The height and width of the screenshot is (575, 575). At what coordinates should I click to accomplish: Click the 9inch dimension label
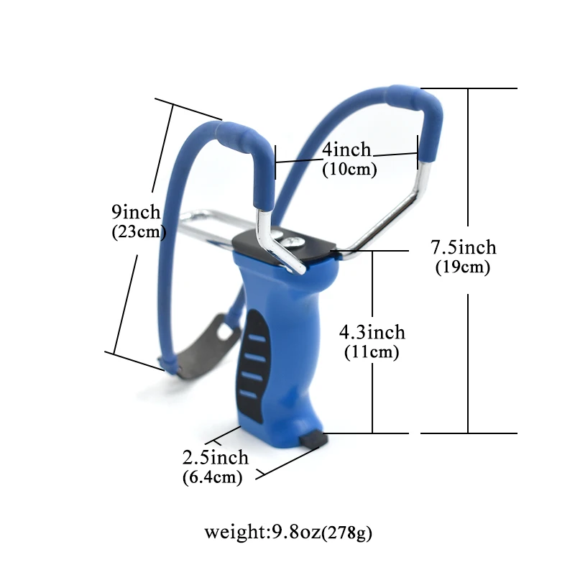point(136,212)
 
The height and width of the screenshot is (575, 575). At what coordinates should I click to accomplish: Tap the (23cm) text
point(139,231)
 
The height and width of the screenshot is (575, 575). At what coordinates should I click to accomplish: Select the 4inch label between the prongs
point(346,149)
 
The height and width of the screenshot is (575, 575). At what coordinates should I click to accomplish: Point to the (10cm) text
point(349,170)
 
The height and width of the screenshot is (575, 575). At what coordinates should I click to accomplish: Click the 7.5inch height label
point(463,247)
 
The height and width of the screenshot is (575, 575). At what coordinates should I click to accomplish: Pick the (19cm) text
point(463,267)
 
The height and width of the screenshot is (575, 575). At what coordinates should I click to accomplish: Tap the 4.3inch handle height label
point(372,332)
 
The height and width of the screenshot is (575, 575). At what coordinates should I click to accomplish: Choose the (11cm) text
point(372,352)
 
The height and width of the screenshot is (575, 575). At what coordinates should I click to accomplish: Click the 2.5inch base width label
point(215,458)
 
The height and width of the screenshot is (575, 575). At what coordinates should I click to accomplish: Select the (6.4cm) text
point(212,477)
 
